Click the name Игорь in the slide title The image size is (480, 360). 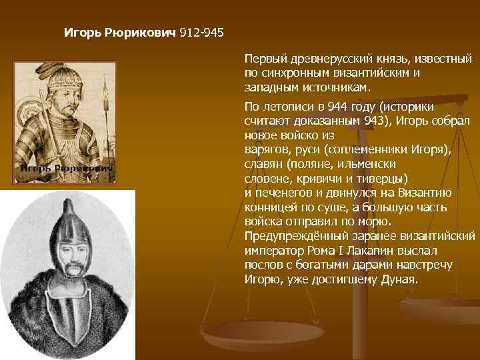point(81,32)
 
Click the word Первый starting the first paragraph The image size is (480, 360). point(265,60)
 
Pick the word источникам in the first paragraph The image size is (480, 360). point(336,87)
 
